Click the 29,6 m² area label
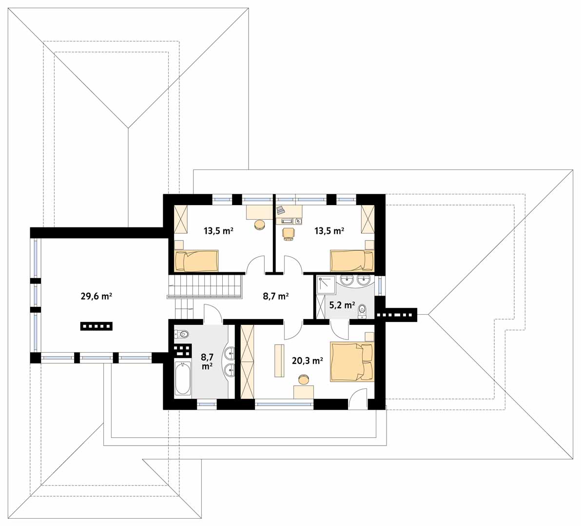coord(97,296)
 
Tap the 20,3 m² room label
coord(307,360)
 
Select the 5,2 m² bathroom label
coord(342,305)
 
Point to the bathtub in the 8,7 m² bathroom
coord(182,378)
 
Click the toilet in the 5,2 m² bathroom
coord(362,310)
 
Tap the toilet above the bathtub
coord(181,334)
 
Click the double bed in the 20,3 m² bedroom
coord(352,362)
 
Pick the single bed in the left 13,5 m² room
coord(196,261)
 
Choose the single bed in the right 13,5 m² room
coord(352,261)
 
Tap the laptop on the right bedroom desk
coord(280,210)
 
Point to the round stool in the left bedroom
coord(259,225)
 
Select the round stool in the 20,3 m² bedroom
coord(304,379)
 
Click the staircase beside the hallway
coord(205,286)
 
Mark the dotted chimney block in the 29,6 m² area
coord(97,326)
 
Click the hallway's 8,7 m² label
coord(276,296)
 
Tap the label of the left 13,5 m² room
coord(218,231)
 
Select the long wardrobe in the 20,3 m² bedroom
coord(248,361)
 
